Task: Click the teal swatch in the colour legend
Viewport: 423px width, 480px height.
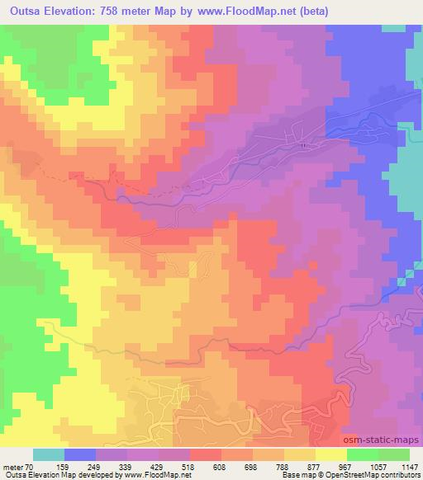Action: [49, 454]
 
